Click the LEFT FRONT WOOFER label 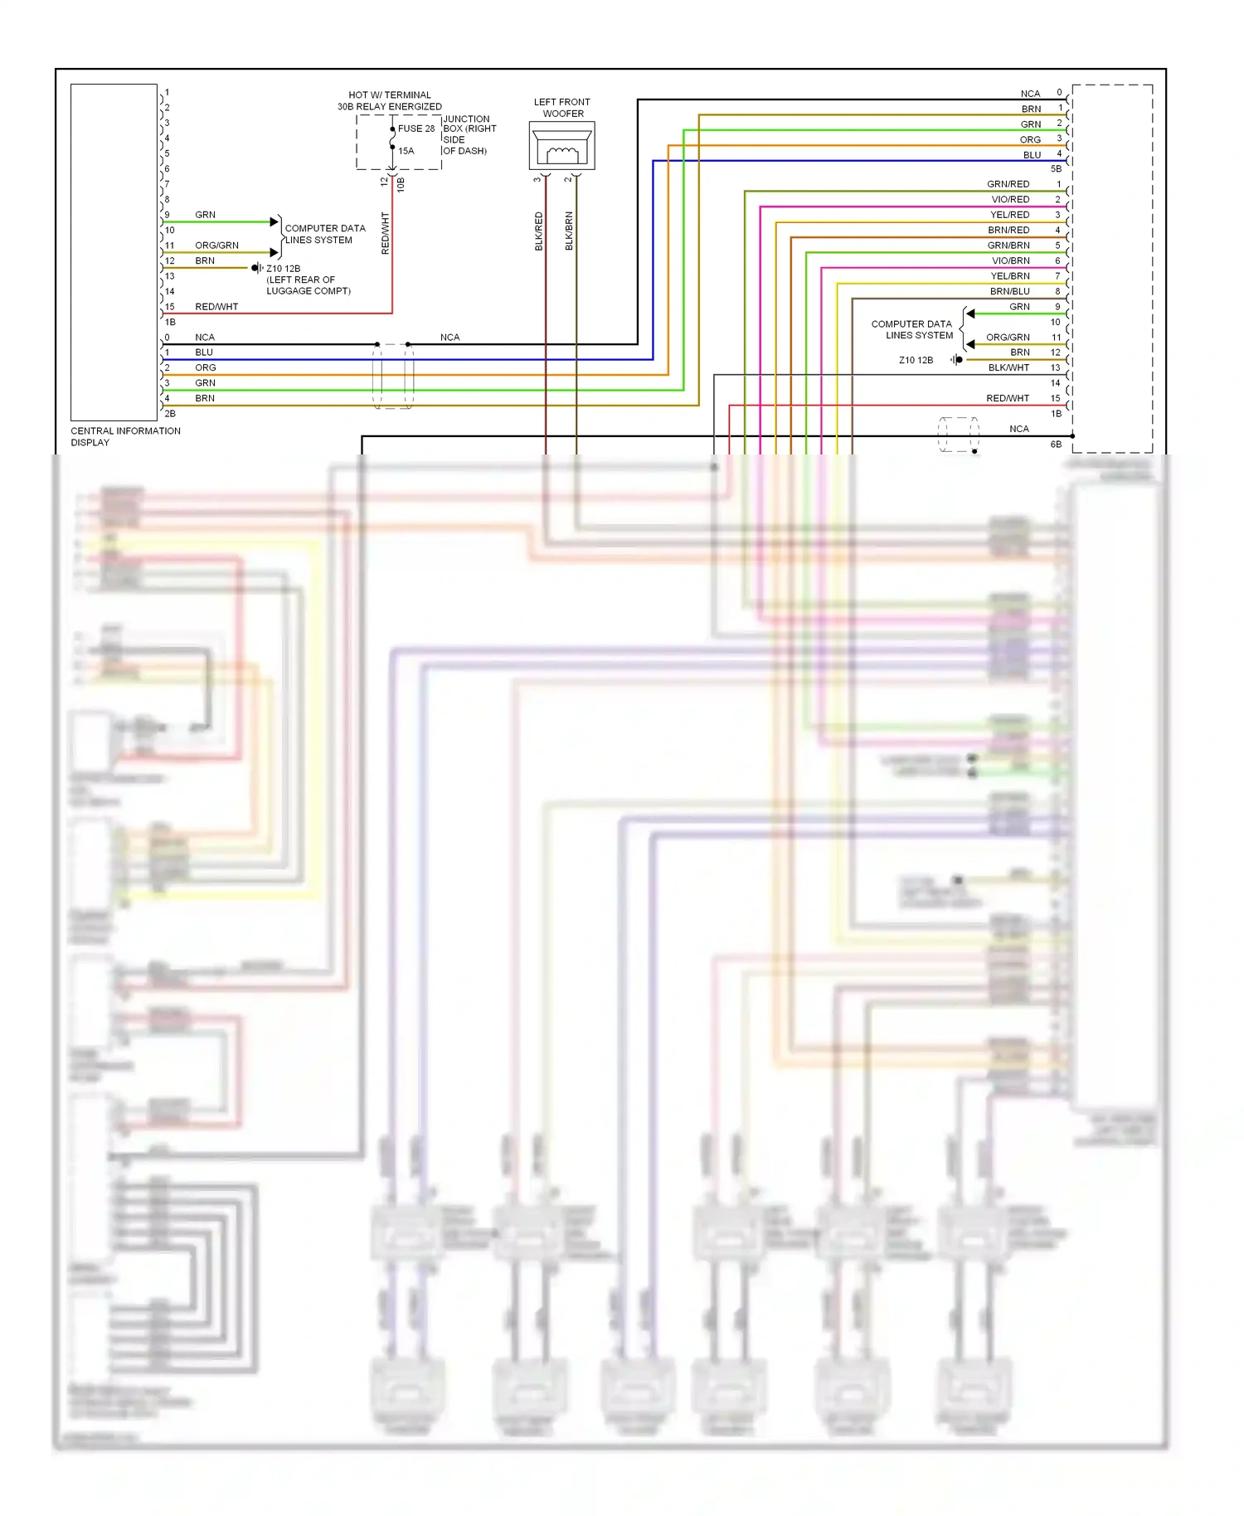point(561,108)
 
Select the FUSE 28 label point(415,129)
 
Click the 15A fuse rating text point(406,151)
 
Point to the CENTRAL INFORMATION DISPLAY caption point(124,436)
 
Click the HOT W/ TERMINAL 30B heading point(389,100)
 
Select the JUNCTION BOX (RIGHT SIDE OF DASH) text point(469,135)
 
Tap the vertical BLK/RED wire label point(539,231)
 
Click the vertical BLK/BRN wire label point(569,231)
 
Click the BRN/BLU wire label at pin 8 point(1009,291)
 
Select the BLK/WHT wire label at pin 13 point(1008,367)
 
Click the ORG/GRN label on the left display point(216,245)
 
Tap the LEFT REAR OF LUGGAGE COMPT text point(308,285)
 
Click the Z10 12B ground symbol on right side point(957,360)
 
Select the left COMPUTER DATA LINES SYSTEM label point(324,234)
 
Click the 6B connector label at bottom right point(1055,445)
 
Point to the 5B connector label point(1055,169)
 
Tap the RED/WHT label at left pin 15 point(216,307)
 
